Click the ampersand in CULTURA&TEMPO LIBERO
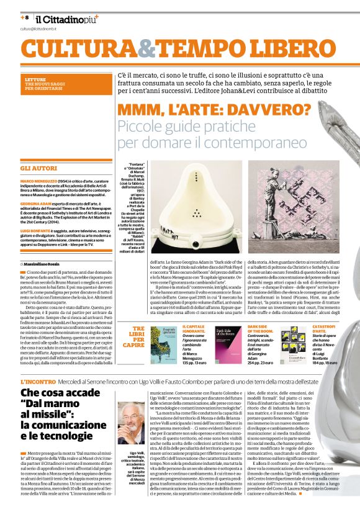coord(147,48)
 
